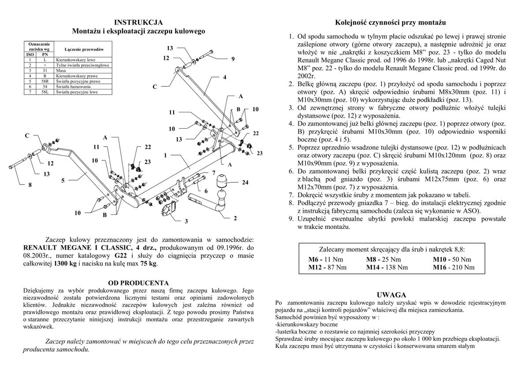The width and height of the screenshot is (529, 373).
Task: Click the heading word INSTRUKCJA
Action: (138, 22)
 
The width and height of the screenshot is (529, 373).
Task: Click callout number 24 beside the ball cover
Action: (245, 182)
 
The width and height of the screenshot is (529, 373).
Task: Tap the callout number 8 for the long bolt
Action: (30, 185)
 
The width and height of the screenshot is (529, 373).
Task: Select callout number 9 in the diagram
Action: (233, 59)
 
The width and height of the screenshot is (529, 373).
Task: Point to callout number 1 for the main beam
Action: (165, 155)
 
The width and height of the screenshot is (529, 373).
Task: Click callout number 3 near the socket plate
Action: (186, 222)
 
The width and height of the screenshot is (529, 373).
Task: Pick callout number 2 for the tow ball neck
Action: (235, 218)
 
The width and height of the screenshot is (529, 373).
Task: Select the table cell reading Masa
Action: (61, 70)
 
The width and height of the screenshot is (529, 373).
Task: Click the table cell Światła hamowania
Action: (73, 87)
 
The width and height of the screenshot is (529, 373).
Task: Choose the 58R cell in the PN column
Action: (45, 81)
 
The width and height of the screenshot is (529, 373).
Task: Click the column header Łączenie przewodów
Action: (84, 49)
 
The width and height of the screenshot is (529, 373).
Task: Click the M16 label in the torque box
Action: (440, 267)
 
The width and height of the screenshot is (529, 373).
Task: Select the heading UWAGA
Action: (391, 295)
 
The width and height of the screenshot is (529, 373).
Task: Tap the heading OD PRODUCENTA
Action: (138, 283)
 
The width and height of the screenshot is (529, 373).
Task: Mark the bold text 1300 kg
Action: (65, 263)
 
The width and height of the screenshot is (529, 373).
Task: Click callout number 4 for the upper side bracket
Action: (224, 77)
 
